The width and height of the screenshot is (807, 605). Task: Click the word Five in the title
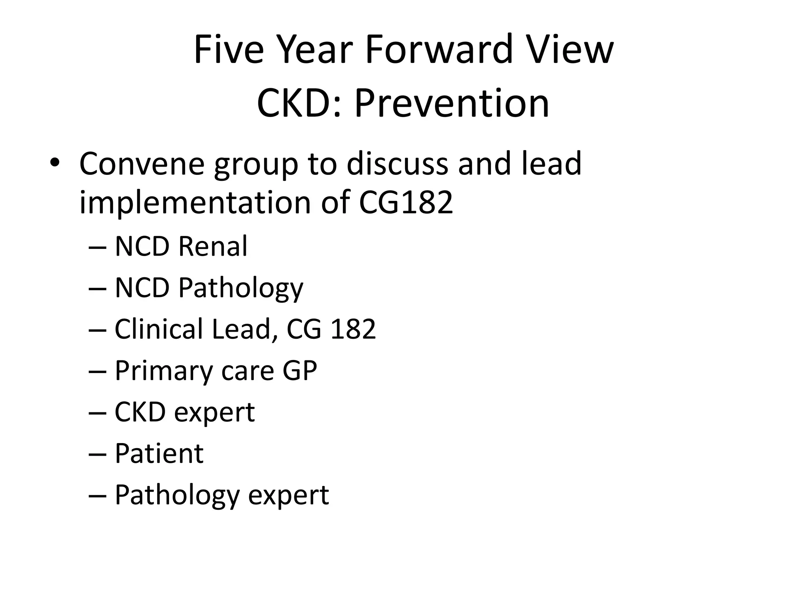coord(229,50)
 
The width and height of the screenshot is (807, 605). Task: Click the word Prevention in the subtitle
coord(452,103)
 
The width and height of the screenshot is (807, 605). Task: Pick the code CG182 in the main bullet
coord(406,202)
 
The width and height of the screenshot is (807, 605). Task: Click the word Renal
coord(213,246)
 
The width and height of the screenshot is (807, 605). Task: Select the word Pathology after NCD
coord(241,288)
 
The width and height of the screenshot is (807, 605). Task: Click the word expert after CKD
coord(214,413)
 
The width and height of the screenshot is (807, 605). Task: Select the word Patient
coord(159,453)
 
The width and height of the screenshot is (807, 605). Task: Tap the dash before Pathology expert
coord(98,496)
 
